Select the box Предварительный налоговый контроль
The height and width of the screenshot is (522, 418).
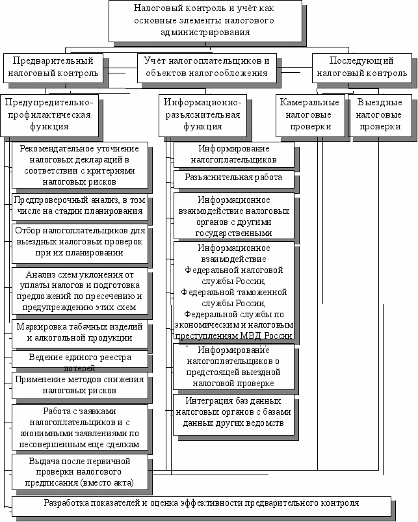click(54, 67)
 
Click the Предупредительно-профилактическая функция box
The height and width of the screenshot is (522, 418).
click(49, 115)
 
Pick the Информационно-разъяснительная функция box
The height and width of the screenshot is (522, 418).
click(202, 115)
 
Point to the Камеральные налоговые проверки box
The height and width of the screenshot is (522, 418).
click(309, 115)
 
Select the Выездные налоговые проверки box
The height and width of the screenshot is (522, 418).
click(379, 115)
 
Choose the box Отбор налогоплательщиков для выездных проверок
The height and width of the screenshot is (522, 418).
click(79, 241)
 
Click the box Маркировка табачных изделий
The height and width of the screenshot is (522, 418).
click(79, 332)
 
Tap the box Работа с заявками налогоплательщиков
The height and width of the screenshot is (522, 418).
click(79, 427)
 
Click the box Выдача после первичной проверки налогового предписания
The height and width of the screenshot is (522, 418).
click(79, 471)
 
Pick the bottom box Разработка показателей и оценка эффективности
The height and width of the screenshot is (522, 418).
click(201, 504)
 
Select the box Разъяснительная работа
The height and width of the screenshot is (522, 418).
click(233, 177)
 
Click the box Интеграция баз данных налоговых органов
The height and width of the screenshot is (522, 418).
click(233, 411)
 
